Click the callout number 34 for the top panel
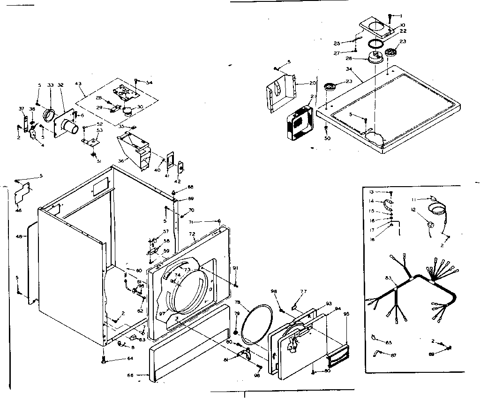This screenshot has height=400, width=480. coord(349,70)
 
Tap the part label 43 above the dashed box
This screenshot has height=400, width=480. coord(78,84)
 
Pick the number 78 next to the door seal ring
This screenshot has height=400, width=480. coord(238,302)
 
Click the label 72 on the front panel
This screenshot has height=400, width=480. coord(192,234)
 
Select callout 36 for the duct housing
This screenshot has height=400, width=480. coord(121,160)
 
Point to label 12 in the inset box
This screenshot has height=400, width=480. coord(413,209)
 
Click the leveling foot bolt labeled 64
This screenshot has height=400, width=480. coord(103,360)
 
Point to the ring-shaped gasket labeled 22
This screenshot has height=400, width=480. coord(375,44)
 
